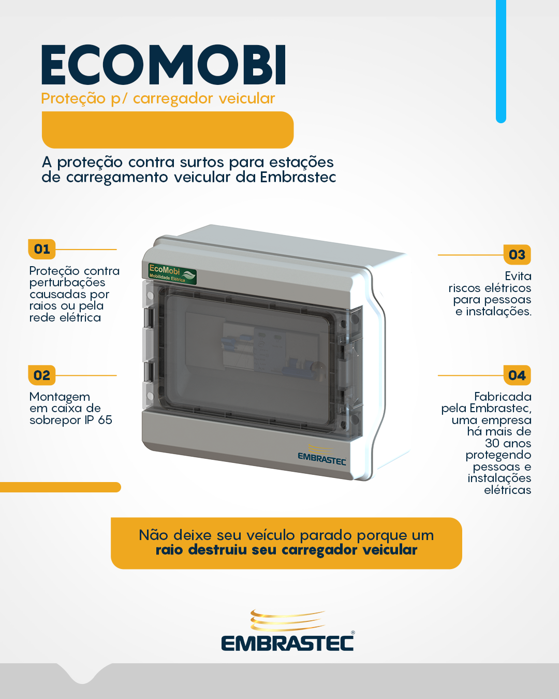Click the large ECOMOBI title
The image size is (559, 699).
pos(164,65)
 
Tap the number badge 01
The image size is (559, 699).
pos(42,249)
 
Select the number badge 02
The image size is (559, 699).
pos(42,375)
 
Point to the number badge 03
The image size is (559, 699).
pos(517,255)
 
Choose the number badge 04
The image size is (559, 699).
pos(517,375)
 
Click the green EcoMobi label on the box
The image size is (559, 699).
pos(172,274)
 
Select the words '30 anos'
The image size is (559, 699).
pos(508,443)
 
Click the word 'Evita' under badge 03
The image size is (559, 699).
pos(518,276)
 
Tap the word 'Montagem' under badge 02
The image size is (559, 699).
pos(60,397)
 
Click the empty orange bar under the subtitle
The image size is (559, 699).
pos(168,130)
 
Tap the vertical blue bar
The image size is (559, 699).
pos(501,62)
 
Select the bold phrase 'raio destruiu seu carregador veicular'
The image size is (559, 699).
pos(286,550)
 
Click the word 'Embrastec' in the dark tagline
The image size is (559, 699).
pos(298,178)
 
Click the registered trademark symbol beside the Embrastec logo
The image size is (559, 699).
pos(353,632)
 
